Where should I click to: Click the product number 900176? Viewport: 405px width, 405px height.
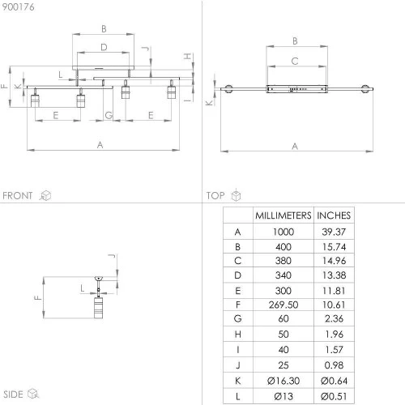coord(18,7)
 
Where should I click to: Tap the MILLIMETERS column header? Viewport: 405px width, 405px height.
coord(283,215)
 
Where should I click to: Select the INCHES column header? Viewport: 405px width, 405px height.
coord(334,215)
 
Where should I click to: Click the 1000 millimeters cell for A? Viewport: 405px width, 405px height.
coord(283,232)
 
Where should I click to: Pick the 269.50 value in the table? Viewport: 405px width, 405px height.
coord(283,305)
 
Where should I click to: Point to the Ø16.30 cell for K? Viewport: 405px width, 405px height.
coord(283,381)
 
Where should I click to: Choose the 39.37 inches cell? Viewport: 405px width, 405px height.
coord(334,232)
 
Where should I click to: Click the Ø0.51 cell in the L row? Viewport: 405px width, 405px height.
coord(334,396)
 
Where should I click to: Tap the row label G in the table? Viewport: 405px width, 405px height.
coord(237,318)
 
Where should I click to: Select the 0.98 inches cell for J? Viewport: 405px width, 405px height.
coord(334,365)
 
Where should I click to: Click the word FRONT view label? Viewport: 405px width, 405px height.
coord(18,195)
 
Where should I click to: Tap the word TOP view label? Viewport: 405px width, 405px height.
coord(215,195)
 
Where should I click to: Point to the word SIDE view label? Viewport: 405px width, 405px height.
coord(13,394)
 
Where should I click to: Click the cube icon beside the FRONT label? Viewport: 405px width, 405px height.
coord(45,195)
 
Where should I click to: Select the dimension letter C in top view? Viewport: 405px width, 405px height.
coord(295,62)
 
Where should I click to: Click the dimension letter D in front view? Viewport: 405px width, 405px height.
coord(104,47)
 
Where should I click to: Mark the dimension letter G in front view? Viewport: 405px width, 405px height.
coord(109,115)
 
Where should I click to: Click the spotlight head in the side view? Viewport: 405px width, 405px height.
coord(98,308)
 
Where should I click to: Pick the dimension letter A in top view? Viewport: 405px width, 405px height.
coord(295,147)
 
